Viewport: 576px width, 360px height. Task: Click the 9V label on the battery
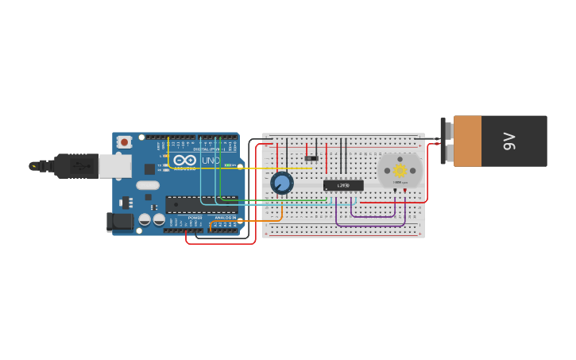point(509,141)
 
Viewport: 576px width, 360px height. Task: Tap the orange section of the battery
point(468,141)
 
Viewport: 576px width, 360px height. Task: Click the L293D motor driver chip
point(343,185)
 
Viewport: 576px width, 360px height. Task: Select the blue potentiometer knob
point(281,183)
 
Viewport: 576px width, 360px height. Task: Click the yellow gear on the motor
point(400,170)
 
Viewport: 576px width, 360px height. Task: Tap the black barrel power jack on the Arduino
point(119,222)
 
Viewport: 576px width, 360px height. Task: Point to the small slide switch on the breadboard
point(311,158)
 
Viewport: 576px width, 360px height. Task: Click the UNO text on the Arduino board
point(211,161)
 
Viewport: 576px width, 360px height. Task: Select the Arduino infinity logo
point(184,161)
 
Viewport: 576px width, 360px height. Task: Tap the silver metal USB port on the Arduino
point(114,165)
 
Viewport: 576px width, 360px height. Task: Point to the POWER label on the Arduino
point(195,217)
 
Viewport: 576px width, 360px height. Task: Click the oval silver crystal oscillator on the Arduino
point(147,185)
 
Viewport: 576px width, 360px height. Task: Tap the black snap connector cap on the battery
point(444,141)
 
